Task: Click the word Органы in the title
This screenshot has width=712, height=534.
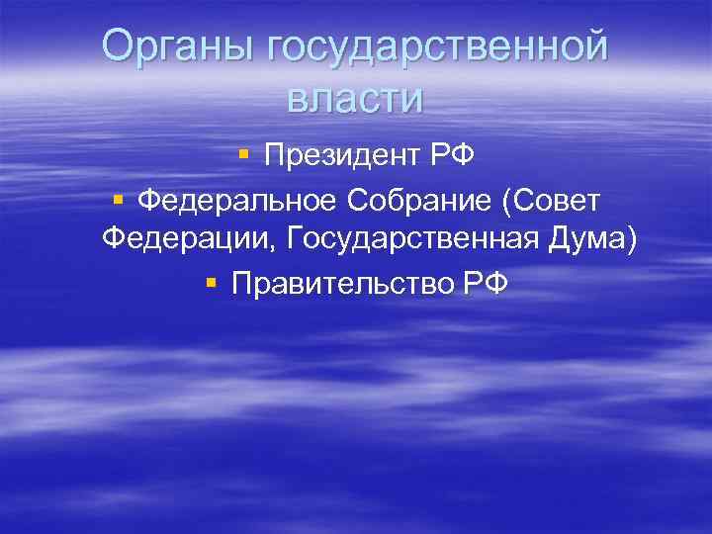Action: coord(178,47)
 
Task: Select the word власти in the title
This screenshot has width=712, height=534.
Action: coord(355,98)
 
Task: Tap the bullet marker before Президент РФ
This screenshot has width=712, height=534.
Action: coord(242,156)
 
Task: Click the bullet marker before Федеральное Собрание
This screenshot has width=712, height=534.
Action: coord(117,201)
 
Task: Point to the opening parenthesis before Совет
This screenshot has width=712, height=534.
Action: coord(507,202)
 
